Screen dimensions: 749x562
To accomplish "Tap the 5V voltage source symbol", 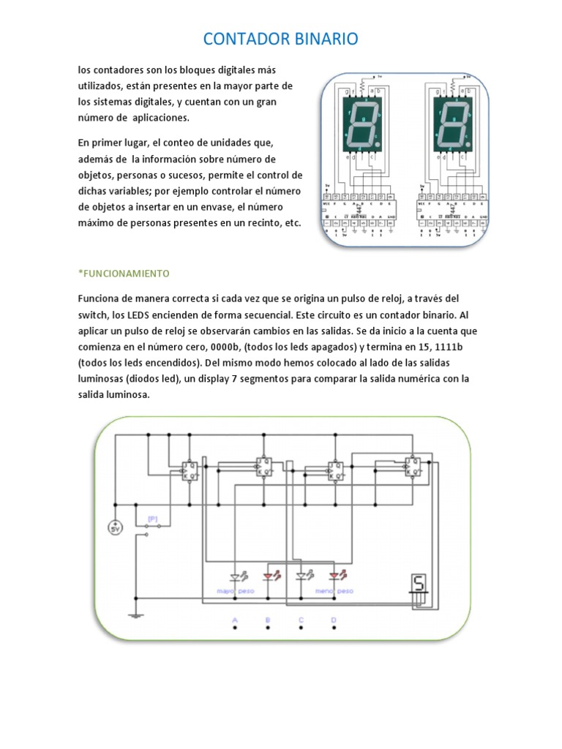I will point(115,527).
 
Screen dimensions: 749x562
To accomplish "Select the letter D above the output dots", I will point(334,620).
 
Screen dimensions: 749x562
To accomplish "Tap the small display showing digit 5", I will point(419,584).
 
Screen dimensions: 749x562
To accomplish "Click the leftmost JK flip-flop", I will point(189,470).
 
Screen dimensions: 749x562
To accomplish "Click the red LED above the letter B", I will point(269,576).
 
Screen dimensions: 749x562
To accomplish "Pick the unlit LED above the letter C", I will point(301,576).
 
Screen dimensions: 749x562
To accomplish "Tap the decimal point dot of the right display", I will point(468,146).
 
